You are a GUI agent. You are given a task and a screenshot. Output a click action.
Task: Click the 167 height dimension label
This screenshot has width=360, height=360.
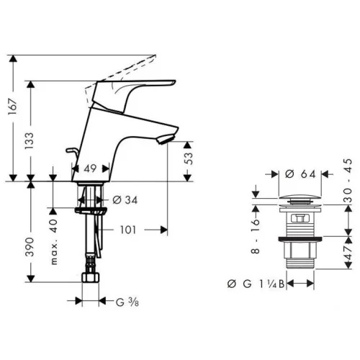click(12, 107)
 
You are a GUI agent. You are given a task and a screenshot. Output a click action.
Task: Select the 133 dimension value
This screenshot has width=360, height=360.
click(30, 140)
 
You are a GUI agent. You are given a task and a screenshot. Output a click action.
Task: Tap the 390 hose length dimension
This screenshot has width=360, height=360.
click(30, 247)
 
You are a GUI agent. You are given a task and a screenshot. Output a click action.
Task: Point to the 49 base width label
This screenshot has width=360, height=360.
click(90, 168)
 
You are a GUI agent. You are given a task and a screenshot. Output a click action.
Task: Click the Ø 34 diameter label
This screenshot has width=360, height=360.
click(125, 200)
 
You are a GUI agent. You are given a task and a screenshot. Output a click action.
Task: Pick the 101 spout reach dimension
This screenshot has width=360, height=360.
click(128, 230)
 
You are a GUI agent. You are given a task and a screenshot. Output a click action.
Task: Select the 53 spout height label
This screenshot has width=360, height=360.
click(189, 158)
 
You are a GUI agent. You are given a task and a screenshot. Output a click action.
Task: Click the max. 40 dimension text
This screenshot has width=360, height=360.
click(55, 242)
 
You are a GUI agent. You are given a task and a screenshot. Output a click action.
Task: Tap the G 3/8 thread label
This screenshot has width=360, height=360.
click(127, 302)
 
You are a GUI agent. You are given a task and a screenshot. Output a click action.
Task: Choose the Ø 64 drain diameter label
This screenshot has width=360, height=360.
click(300, 174)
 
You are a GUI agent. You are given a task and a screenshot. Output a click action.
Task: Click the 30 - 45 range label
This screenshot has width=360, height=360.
click(348, 180)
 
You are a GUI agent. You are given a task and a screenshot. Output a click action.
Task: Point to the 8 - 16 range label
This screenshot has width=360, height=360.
click(256, 236)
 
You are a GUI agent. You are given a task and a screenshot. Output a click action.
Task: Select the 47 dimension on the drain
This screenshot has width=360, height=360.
click(348, 253)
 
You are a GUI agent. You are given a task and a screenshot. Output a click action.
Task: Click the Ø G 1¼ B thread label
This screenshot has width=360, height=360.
click(256, 284)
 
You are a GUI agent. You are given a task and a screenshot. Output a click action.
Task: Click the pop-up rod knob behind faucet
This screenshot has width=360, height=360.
click(71, 150)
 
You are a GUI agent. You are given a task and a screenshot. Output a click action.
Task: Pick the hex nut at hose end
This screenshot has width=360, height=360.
click(90, 277)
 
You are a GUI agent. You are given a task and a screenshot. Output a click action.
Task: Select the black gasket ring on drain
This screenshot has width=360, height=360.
click(300, 239)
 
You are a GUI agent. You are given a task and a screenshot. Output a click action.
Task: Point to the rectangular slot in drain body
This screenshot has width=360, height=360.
click(300, 218)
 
